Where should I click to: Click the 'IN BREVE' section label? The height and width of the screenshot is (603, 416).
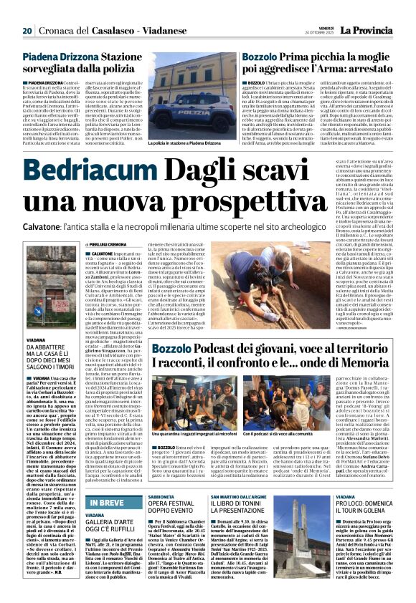106,483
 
